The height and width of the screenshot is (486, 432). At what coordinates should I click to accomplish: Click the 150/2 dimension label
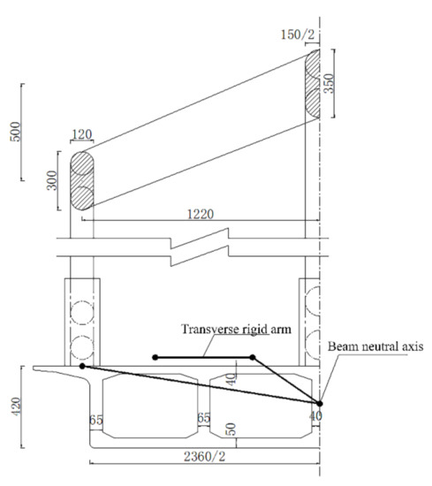click(x=297, y=34)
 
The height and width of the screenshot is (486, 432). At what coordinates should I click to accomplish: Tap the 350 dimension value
click(x=329, y=83)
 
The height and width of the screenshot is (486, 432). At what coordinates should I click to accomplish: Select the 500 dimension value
click(x=16, y=132)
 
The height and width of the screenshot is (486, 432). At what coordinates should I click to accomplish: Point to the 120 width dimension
click(x=82, y=134)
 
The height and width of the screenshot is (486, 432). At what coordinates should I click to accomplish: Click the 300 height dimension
click(x=52, y=180)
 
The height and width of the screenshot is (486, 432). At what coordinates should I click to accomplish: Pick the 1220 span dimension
click(x=201, y=214)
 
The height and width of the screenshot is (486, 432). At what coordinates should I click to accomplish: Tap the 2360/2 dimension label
click(x=205, y=456)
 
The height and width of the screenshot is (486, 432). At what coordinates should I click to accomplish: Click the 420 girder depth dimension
click(x=16, y=406)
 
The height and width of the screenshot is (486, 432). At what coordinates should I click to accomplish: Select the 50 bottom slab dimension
click(x=231, y=429)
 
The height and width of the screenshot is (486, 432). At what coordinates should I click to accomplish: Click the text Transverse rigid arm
click(x=236, y=329)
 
